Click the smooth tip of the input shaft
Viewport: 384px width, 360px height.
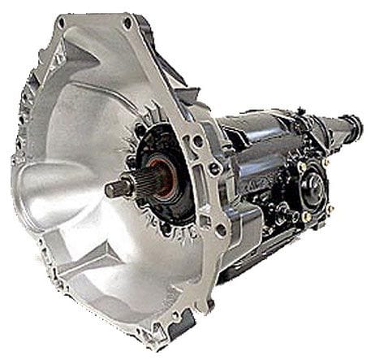[114, 189]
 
